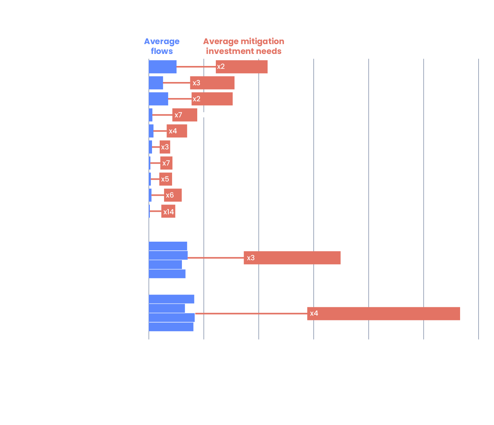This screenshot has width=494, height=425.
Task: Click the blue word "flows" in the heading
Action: [x=162, y=51]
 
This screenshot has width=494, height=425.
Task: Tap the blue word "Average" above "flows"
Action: [x=162, y=41]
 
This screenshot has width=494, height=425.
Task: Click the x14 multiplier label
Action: [x=168, y=212]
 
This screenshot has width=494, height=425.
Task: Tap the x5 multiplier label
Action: [x=165, y=179]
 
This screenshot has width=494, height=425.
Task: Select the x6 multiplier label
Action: [x=170, y=195]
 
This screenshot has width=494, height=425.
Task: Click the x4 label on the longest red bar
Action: [x=314, y=313]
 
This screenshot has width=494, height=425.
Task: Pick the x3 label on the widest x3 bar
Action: [x=250, y=258]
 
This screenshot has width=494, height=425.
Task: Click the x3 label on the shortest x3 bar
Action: [x=165, y=147]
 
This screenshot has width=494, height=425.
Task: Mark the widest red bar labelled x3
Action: [x=299, y=258]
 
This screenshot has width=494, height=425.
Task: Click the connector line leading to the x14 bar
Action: [x=155, y=211]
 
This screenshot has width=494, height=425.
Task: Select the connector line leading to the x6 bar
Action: [x=158, y=195]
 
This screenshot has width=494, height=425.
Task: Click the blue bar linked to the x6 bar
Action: [x=150, y=195]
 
